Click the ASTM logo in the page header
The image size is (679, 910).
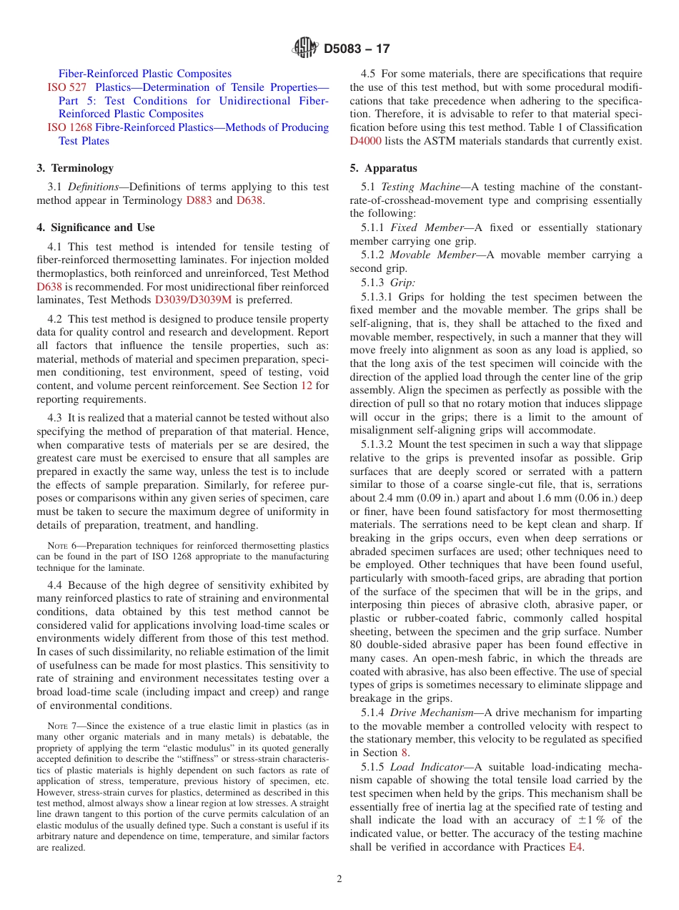tap(305, 49)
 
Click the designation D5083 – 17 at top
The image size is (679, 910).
tap(357, 49)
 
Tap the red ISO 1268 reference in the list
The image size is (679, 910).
tap(69, 127)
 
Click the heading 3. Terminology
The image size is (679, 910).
tap(75, 168)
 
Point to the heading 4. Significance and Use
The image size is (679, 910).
tap(95, 227)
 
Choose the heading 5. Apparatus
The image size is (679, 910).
tap(383, 168)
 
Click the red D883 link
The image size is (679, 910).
tap(199, 200)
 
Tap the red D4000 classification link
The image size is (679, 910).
tap(367, 141)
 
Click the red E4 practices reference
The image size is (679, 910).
tap(575, 847)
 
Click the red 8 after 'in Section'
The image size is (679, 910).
tap(405, 753)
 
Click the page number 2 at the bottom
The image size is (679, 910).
tap(339, 879)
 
